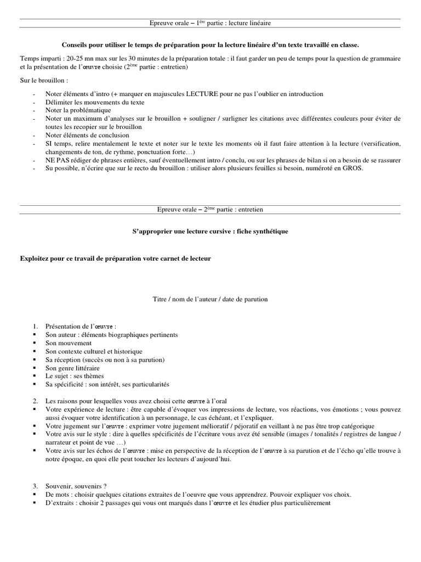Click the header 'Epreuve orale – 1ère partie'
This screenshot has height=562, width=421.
pos(210,23)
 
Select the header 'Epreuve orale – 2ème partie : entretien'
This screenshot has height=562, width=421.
pos(210,210)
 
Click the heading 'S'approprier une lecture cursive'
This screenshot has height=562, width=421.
pos(210,232)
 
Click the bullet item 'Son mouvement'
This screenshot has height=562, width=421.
pos(66,342)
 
